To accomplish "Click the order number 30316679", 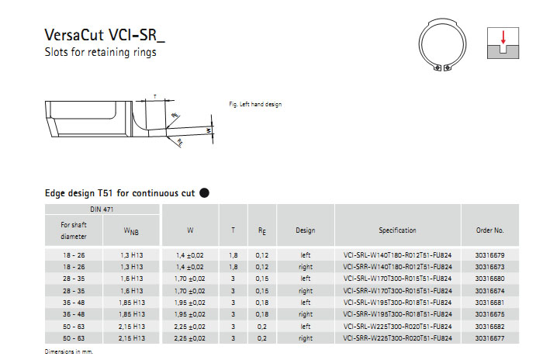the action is [489, 255].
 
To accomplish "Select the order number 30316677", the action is [489, 338].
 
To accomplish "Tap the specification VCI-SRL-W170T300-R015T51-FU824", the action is [397, 279].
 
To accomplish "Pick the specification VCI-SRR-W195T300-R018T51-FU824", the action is [397, 314].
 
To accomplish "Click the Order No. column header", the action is [489, 230].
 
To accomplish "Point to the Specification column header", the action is [397, 230].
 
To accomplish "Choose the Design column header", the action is [306, 230].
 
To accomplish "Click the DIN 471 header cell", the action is [102, 209].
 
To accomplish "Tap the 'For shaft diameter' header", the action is [74, 230].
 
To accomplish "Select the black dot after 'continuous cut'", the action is [204, 193].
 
